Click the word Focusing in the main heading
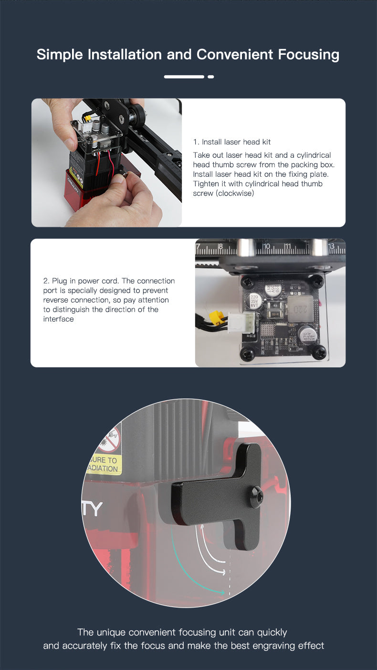tap(308, 55)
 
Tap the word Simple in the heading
tap(60, 55)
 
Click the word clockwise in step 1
tap(235, 193)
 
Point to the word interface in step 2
tap(58, 319)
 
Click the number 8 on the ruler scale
tap(220, 247)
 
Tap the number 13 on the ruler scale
tap(331, 246)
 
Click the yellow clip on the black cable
tap(217, 317)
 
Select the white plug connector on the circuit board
tap(241, 323)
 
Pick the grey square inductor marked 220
tap(300, 309)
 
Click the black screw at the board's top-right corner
tap(317, 281)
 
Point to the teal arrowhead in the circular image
tap(222, 592)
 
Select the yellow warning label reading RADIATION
tap(103, 464)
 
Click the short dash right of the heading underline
tap(211, 77)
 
